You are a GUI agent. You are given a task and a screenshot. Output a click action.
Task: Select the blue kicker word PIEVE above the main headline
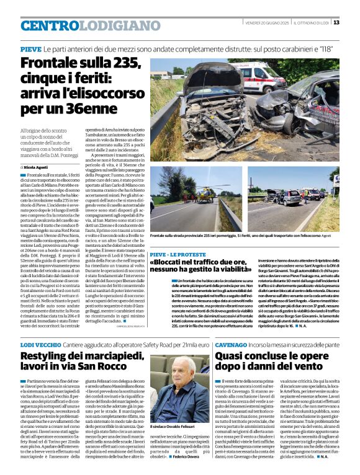click(x=31, y=49)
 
